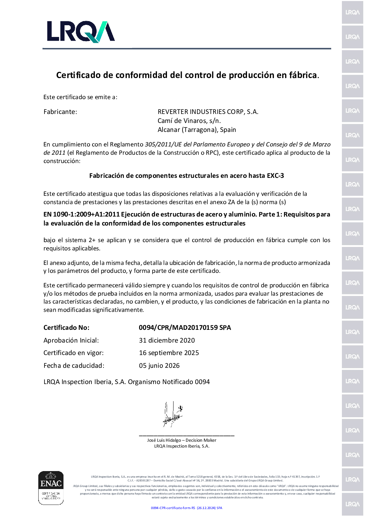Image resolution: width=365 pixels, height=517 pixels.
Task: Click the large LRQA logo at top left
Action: [81, 32]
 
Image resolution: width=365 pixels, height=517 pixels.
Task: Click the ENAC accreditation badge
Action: [51, 488]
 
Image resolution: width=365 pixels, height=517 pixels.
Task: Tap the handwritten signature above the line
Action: [172, 415]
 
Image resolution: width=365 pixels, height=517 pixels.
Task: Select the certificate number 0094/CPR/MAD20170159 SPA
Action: [185, 328]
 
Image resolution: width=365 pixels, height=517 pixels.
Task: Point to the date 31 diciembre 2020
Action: [167, 341]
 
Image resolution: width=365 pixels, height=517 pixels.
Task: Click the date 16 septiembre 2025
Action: [169, 353]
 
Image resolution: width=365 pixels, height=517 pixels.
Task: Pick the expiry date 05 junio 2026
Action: [159, 366]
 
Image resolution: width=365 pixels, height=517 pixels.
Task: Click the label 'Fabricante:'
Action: [60, 112]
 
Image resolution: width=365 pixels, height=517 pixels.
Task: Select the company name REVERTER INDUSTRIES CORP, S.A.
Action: [208, 112]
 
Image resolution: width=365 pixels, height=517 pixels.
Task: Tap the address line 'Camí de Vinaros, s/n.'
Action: [189, 121]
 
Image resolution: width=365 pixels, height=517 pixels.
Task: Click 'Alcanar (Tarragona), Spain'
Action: [197, 130]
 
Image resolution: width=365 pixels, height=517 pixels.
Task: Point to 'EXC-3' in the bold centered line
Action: [275, 176]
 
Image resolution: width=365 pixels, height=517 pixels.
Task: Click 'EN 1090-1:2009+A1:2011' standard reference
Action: [81, 214]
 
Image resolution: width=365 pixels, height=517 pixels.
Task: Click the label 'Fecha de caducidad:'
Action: [73, 366]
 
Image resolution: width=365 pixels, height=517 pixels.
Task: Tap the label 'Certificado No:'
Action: [66, 328]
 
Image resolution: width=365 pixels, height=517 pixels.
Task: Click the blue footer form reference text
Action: [186, 508]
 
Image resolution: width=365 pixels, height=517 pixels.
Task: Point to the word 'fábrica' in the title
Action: [304, 75]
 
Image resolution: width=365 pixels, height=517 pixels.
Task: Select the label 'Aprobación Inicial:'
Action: [71, 341]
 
